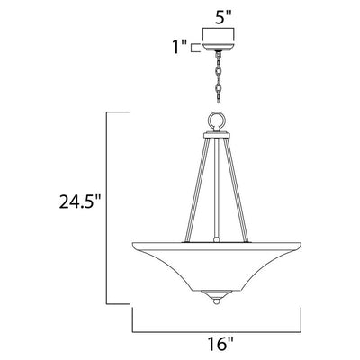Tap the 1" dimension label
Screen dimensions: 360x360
[x=179, y=48]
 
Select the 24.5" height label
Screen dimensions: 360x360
[x=79, y=202]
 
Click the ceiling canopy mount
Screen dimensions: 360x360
[x=218, y=47]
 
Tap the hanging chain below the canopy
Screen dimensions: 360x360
[x=218, y=77]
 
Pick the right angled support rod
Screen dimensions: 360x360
[x=238, y=190]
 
